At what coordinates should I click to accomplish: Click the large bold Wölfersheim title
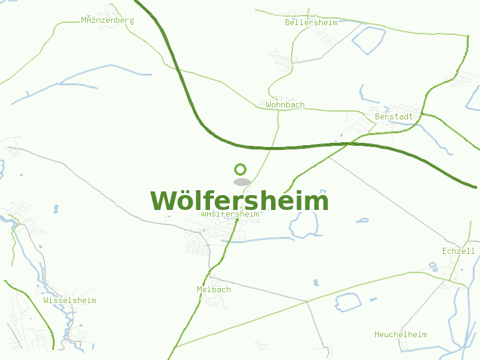(x=239, y=201)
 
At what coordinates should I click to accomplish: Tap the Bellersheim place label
(x=311, y=23)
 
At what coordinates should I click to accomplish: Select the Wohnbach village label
(x=285, y=105)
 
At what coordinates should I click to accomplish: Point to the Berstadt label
(x=394, y=116)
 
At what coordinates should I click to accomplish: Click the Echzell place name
(x=458, y=251)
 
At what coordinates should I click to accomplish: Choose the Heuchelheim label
(x=400, y=334)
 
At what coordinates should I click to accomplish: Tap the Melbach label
(x=214, y=290)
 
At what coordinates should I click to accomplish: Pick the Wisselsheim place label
(x=70, y=300)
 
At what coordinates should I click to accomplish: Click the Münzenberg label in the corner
(x=107, y=20)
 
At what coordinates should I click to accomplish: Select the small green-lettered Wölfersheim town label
(x=230, y=214)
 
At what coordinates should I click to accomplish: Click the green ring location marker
(x=241, y=169)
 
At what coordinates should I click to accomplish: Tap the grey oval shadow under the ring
(x=241, y=182)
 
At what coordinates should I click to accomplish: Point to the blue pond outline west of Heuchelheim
(x=348, y=302)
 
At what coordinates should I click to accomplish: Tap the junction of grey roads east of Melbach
(x=307, y=301)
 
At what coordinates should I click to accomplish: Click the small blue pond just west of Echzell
(x=433, y=265)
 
